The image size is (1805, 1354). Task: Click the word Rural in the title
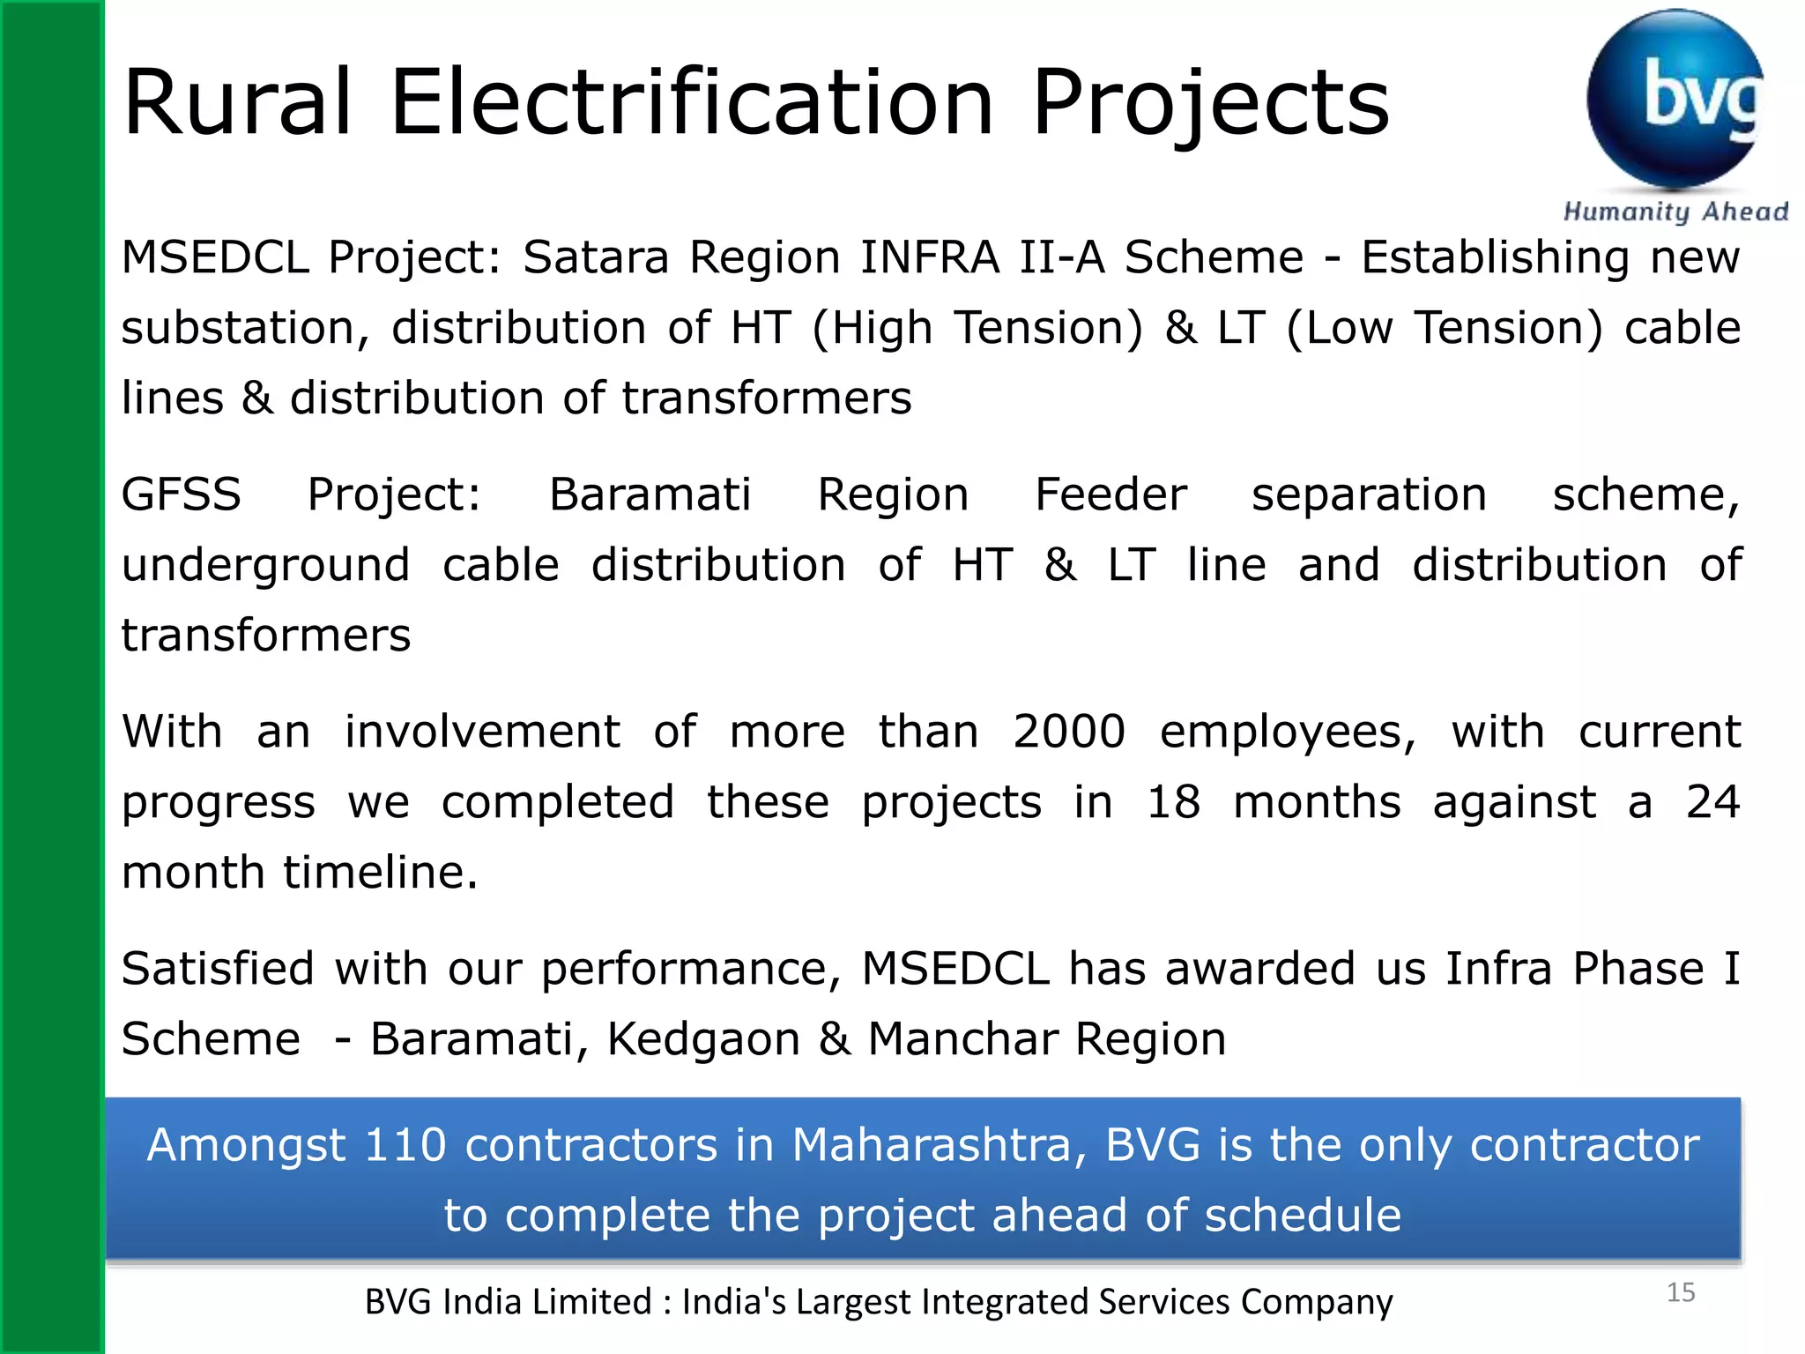tap(238, 103)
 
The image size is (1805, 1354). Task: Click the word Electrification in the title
tap(692, 103)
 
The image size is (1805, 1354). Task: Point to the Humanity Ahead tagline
tap(1675, 212)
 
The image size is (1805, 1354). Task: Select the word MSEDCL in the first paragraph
tap(215, 257)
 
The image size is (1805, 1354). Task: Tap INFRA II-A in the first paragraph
tap(982, 257)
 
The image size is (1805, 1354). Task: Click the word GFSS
tap(181, 495)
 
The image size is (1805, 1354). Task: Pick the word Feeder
tap(1110, 495)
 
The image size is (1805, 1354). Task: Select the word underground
tap(265, 566)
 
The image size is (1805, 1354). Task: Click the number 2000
tap(1069, 732)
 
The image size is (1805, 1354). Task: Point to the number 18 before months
tap(1173, 802)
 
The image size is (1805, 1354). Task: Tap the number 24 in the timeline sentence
tap(1712, 802)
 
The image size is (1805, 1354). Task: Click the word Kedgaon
tap(703, 1038)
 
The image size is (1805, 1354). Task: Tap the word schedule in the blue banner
tap(1302, 1216)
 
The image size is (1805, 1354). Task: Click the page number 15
tap(1681, 1292)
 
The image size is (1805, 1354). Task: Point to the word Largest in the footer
tap(853, 1302)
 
